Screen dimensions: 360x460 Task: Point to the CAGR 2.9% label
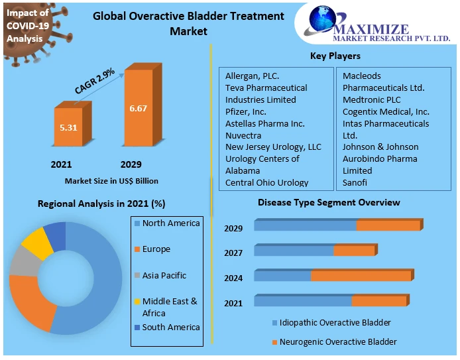(95, 80)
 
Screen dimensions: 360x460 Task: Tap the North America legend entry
(170, 223)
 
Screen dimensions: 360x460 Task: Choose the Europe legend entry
(156, 249)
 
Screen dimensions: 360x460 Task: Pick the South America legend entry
(170, 327)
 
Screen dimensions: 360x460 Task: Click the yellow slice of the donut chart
(36, 243)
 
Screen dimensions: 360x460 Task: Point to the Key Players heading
(335, 56)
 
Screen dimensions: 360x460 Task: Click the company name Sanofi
(355, 182)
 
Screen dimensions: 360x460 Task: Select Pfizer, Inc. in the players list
(246, 111)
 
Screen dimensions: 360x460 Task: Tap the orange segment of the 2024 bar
(361, 276)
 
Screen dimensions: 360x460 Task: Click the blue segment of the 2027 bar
(294, 251)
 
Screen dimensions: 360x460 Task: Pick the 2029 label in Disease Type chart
(233, 228)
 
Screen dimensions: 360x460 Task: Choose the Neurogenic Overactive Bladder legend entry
(338, 341)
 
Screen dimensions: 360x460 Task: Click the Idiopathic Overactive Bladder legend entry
(335, 323)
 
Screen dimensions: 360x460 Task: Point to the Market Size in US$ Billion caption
(111, 180)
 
